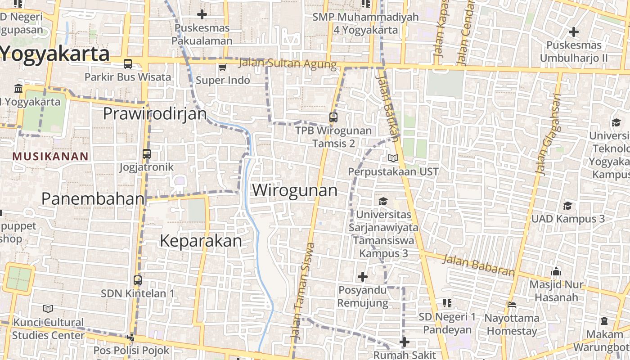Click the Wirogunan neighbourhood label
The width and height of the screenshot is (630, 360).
tap(295, 190)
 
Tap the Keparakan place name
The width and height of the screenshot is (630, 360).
tap(201, 241)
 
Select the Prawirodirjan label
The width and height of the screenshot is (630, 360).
tap(155, 114)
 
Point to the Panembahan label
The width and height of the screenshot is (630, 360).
tap(93, 198)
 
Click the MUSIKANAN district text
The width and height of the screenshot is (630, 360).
tap(50, 157)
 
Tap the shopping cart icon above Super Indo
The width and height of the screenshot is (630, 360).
tap(222, 67)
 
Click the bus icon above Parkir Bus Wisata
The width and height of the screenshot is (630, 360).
tap(128, 64)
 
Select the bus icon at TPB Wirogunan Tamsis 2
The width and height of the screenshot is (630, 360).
tap(333, 117)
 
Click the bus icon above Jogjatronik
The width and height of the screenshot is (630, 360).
tap(146, 154)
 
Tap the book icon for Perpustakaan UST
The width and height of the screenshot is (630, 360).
tap(393, 158)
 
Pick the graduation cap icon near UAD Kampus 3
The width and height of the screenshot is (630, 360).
tap(567, 206)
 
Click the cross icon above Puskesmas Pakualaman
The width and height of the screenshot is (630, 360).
tap(202, 14)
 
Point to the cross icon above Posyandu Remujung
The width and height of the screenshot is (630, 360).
tap(362, 276)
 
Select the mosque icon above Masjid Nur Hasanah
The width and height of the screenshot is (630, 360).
tap(556, 272)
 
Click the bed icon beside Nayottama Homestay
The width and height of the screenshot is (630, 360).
tap(511, 305)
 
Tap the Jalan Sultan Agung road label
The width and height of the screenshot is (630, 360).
tap(288, 63)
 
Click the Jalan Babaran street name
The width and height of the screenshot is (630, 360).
tap(478, 265)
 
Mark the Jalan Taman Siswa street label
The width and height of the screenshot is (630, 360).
tap(302, 291)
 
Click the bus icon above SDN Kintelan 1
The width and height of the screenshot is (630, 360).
tap(138, 280)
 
